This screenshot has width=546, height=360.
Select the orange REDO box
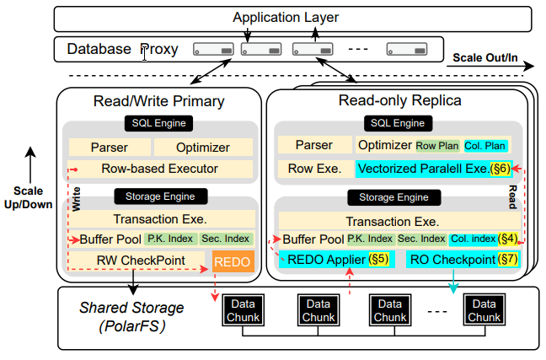click(x=232, y=262)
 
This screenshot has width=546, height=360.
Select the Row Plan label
click(x=437, y=146)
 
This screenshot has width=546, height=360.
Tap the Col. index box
click(x=473, y=239)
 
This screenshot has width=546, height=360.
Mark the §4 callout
click(x=508, y=239)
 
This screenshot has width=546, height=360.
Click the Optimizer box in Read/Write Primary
click(x=203, y=147)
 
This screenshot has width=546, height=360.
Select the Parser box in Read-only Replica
click(x=313, y=146)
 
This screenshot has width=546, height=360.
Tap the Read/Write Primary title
click(x=159, y=102)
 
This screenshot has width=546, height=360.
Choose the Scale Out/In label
click(x=484, y=58)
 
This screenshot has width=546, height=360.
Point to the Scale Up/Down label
click(x=29, y=197)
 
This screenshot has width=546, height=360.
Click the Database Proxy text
click(x=123, y=49)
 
